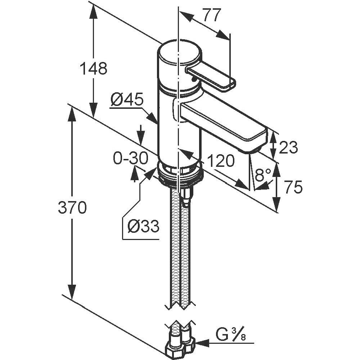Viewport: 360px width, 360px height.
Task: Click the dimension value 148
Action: click(x=93, y=68)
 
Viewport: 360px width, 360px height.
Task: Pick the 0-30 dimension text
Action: click(x=130, y=158)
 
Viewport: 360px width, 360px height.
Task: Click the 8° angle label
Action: click(x=263, y=175)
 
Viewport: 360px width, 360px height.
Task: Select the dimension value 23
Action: click(x=288, y=147)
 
